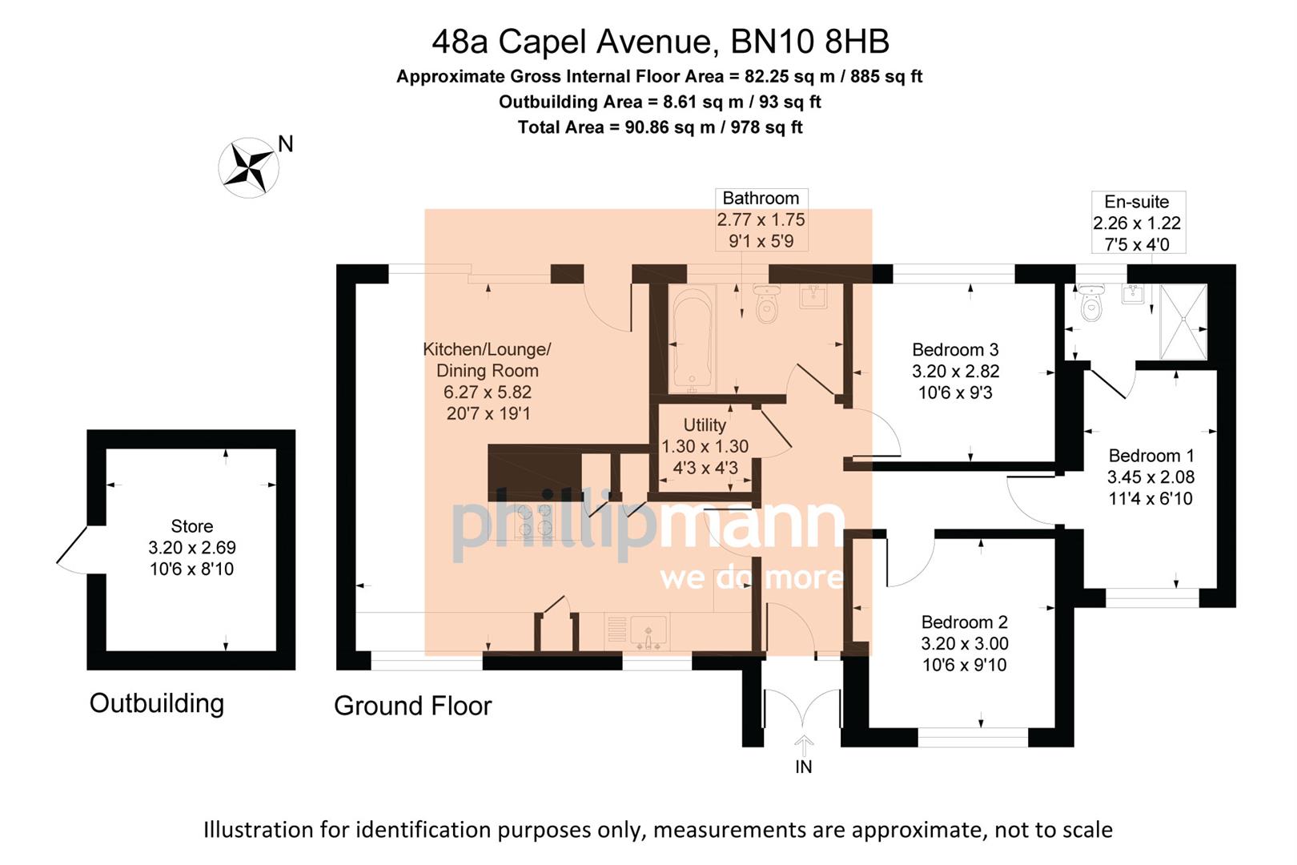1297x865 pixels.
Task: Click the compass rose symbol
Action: click(248, 167)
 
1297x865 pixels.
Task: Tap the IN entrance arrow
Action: click(803, 745)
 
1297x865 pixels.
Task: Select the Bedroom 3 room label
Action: click(955, 350)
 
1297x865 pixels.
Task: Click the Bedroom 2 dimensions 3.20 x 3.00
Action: click(964, 643)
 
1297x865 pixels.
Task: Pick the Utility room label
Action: click(705, 425)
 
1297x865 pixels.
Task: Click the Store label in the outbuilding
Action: click(192, 526)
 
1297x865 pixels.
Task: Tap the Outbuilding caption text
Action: click(157, 703)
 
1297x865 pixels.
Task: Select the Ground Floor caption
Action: click(412, 706)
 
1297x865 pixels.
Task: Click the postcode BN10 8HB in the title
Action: click(809, 42)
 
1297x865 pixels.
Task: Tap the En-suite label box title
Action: click(1136, 202)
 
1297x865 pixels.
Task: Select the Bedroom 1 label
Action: click(1150, 456)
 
